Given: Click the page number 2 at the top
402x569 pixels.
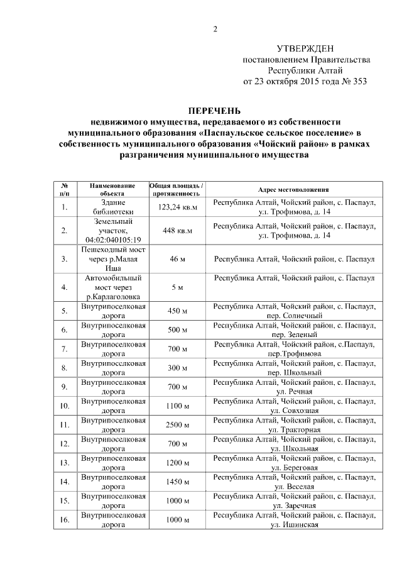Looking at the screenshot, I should click(215, 29).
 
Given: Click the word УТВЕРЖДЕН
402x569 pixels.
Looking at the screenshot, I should click(307, 49).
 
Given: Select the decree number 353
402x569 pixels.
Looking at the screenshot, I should click(358, 81).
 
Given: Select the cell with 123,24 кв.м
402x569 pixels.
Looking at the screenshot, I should click(177, 207).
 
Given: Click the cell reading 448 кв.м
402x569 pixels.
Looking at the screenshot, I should click(177, 231).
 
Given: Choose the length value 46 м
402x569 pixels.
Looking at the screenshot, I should click(177, 258).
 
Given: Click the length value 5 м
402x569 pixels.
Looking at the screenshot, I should click(177, 287).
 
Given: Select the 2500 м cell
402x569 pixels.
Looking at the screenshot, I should click(177, 425).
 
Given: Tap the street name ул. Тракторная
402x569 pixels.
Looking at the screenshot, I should click(295, 430).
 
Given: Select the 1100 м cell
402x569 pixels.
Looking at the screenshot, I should click(177, 406).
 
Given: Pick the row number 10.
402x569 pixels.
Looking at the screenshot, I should click(64, 406).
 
